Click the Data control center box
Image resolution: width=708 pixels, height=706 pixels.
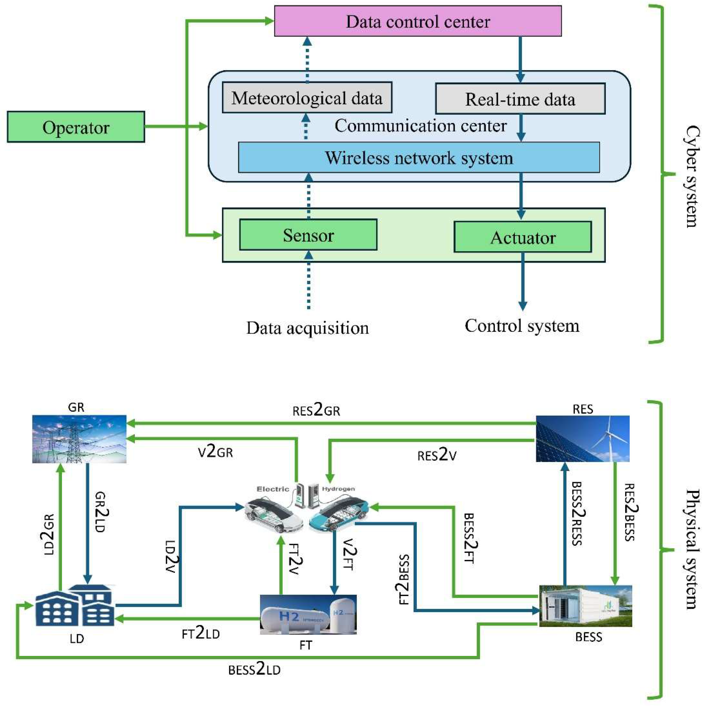click(418, 21)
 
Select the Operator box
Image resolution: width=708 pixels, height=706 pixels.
click(76, 127)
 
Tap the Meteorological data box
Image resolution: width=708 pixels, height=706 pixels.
click(307, 98)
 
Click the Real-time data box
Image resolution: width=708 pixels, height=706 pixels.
click(520, 99)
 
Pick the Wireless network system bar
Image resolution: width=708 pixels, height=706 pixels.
click(419, 158)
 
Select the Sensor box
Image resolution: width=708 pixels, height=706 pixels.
click(308, 235)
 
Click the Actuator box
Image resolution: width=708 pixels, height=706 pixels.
click(523, 237)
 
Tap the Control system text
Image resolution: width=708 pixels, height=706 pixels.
click(522, 325)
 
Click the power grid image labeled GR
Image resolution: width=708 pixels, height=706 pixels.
click(79, 439)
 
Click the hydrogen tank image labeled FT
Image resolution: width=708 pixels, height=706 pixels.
click(308, 615)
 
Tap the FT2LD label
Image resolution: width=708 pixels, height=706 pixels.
click(201, 633)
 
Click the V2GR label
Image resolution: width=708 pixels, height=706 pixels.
click(215, 451)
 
